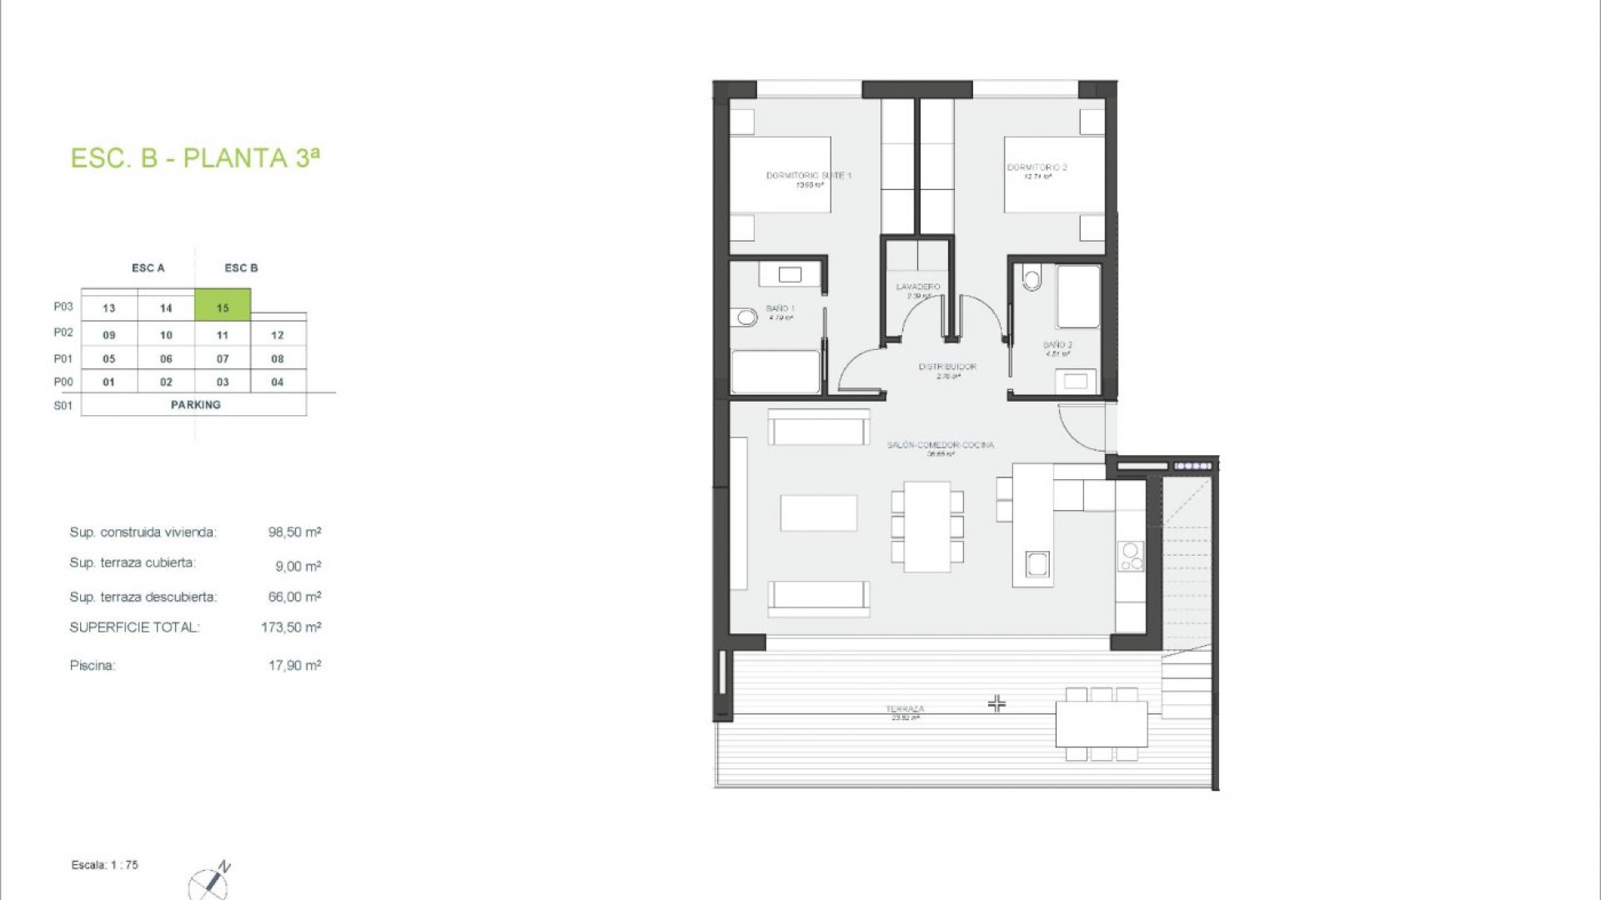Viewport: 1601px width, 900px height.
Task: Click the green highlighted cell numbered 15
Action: pos(223,306)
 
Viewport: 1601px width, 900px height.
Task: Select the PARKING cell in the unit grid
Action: pos(195,405)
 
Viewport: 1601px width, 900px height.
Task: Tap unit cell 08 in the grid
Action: pos(278,359)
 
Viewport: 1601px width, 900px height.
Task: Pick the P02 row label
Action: pos(63,332)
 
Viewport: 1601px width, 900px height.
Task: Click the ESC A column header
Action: pos(148,268)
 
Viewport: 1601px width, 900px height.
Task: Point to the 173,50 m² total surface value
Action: pos(290,627)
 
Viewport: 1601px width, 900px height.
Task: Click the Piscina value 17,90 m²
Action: pos(294,666)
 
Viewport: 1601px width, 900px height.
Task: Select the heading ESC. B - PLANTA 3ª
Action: pos(195,158)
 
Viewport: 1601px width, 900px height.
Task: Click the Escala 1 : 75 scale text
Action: pos(105,865)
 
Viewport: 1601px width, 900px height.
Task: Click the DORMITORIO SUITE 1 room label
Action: pos(808,176)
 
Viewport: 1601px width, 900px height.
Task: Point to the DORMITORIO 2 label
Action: pos(1036,167)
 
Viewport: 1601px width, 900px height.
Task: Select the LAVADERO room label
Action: pos(918,287)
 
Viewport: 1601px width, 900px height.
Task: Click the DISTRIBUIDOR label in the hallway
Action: pos(947,367)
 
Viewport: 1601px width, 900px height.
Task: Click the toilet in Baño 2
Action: pos(1032,277)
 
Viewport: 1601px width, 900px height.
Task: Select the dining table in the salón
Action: pos(927,527)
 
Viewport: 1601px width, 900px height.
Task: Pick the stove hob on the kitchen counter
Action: pos(1132,557)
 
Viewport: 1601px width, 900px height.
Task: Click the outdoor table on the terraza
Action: pos(1102,724)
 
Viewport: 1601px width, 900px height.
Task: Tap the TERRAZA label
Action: pos(905,709)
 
